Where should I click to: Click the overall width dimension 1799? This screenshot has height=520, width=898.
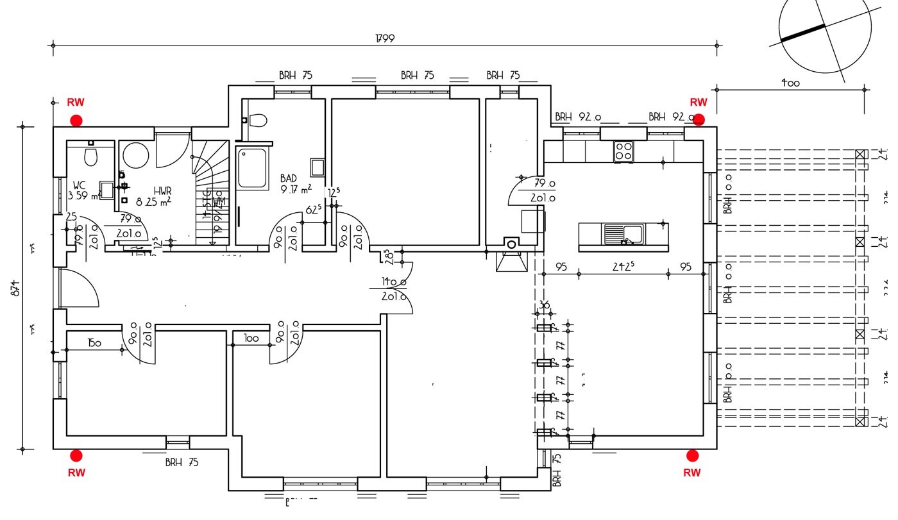point(385,38)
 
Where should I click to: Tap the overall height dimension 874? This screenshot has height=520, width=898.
point(17,289)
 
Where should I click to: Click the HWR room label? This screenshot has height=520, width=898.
point(162,191)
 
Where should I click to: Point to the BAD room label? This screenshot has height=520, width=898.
point(289,178)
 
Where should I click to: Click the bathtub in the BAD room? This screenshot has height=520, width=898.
point(252,169)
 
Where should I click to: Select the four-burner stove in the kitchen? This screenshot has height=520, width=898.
point(623,151)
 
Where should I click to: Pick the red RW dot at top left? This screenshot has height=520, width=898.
point(76,120)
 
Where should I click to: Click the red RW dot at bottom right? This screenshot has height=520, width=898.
point(692,455)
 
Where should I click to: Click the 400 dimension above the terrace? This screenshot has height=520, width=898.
point(790,83)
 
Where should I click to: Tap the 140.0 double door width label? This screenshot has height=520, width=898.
point(394,282)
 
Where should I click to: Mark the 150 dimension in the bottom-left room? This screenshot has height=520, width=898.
point(94,343)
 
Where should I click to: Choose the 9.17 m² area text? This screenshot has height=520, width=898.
point(296,189)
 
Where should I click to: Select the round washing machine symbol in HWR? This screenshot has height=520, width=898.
point(136,155)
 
